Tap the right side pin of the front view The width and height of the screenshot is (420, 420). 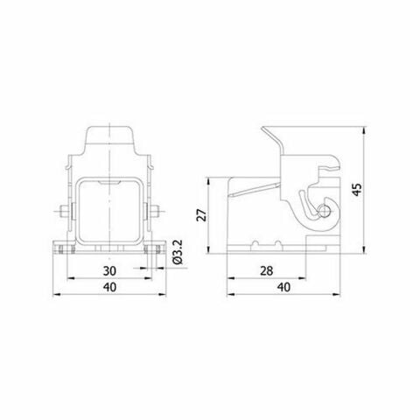click(x=157, y=213)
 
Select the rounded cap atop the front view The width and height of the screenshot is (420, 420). click(x=108, y=143)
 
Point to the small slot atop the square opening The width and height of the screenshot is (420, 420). click(x=108, y=181)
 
